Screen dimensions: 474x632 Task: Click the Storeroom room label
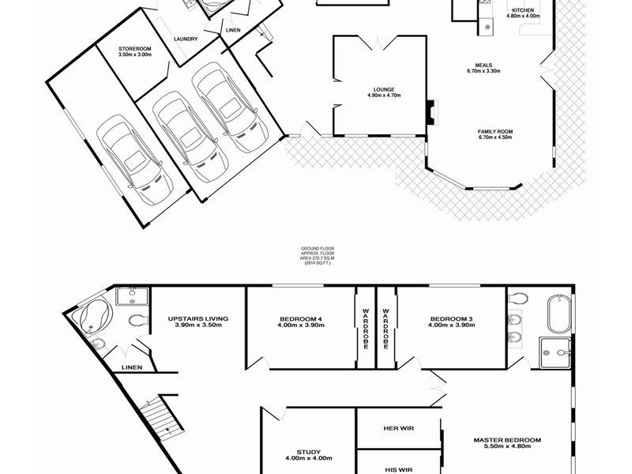click(x=134, y=51)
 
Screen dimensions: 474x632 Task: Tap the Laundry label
click(x=186, y=39)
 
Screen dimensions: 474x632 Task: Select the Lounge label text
click(x=385, y=92)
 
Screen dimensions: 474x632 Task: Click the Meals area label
click(x=484, y=68)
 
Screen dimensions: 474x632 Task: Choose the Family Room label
click(x=495, y=134)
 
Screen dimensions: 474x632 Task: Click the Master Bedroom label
click(x=507, y=443)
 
